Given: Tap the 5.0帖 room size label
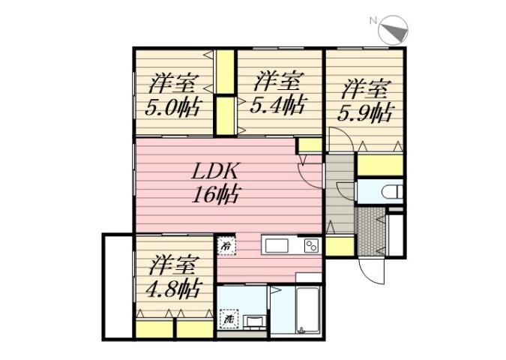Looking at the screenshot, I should (172, 106).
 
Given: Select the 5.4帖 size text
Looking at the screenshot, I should (277, 103).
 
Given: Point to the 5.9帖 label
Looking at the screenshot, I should (367, 113).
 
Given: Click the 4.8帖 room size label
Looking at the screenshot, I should (173, 288).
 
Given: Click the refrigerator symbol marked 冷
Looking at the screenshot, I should (225, 244).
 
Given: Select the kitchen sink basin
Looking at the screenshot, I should (274, 245).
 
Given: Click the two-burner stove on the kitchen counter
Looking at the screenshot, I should (311, 244).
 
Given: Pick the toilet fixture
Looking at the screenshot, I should (391, 192).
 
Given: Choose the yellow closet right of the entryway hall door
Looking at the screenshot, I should (340, 245).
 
